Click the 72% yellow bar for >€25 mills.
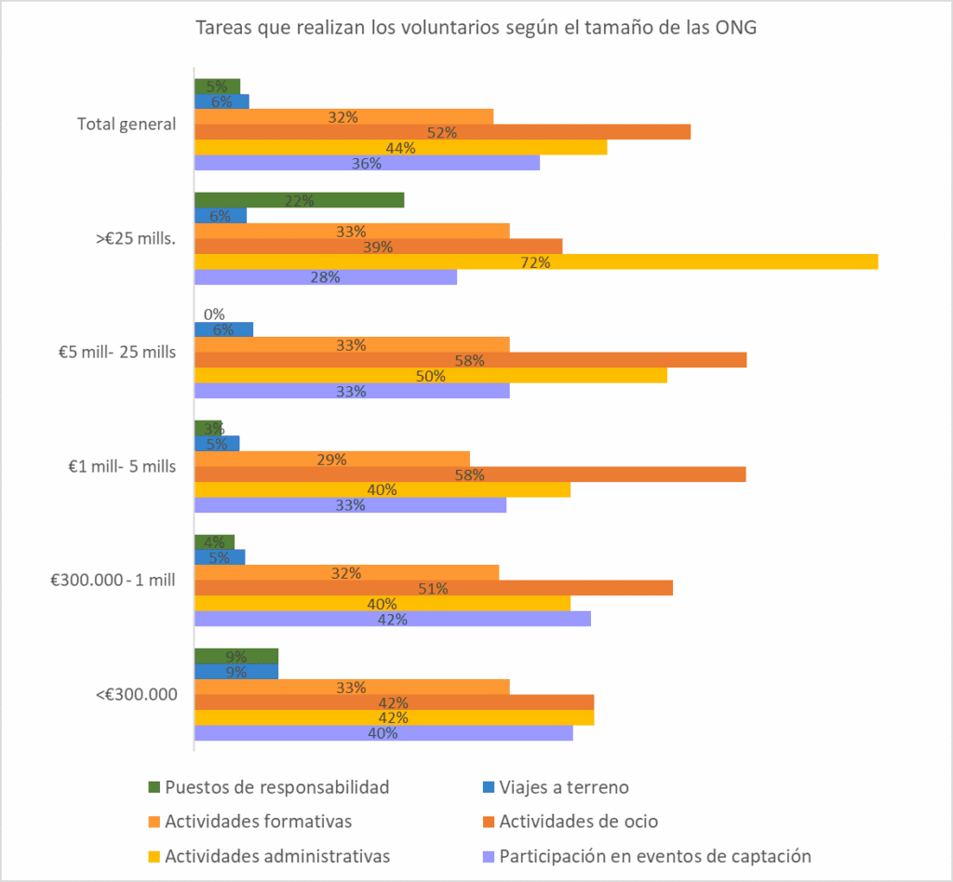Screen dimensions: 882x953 [x=535, y=262]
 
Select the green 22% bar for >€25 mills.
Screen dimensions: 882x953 [x=299, y=201]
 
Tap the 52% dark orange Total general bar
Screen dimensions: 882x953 [x=442, y=132]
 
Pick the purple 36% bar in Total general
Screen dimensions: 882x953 [x=367, y=163]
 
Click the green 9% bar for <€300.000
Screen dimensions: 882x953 [x=235, y=656]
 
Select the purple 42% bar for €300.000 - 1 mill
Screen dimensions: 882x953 [x=392, y=619]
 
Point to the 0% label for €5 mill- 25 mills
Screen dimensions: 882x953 [x=213, y=314]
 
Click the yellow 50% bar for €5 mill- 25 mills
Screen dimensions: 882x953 [x=430, y=376]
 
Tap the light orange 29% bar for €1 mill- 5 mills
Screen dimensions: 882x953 [x=331, y=459]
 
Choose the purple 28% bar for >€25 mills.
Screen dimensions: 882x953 [x=325, y=277]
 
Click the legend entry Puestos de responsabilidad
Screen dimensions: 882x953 [x=276, y=787]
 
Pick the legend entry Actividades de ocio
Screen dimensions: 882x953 [x=578, y=822]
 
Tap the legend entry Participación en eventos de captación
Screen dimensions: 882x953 [x=655, y=856]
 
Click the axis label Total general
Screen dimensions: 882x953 [x=127, y=124]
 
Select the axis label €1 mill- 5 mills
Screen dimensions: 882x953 [x=115, y=466]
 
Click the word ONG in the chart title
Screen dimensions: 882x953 [x=735, y=27]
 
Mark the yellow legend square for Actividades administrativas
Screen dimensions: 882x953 [x=154, y=856]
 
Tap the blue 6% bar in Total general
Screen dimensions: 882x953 [x=221, y=101]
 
